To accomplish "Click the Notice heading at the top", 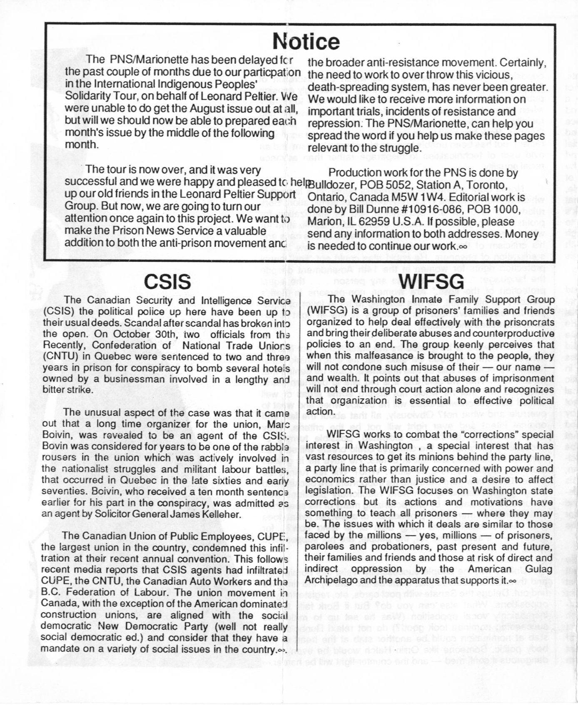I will point(306,41).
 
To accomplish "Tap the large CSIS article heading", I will point(167,282).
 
